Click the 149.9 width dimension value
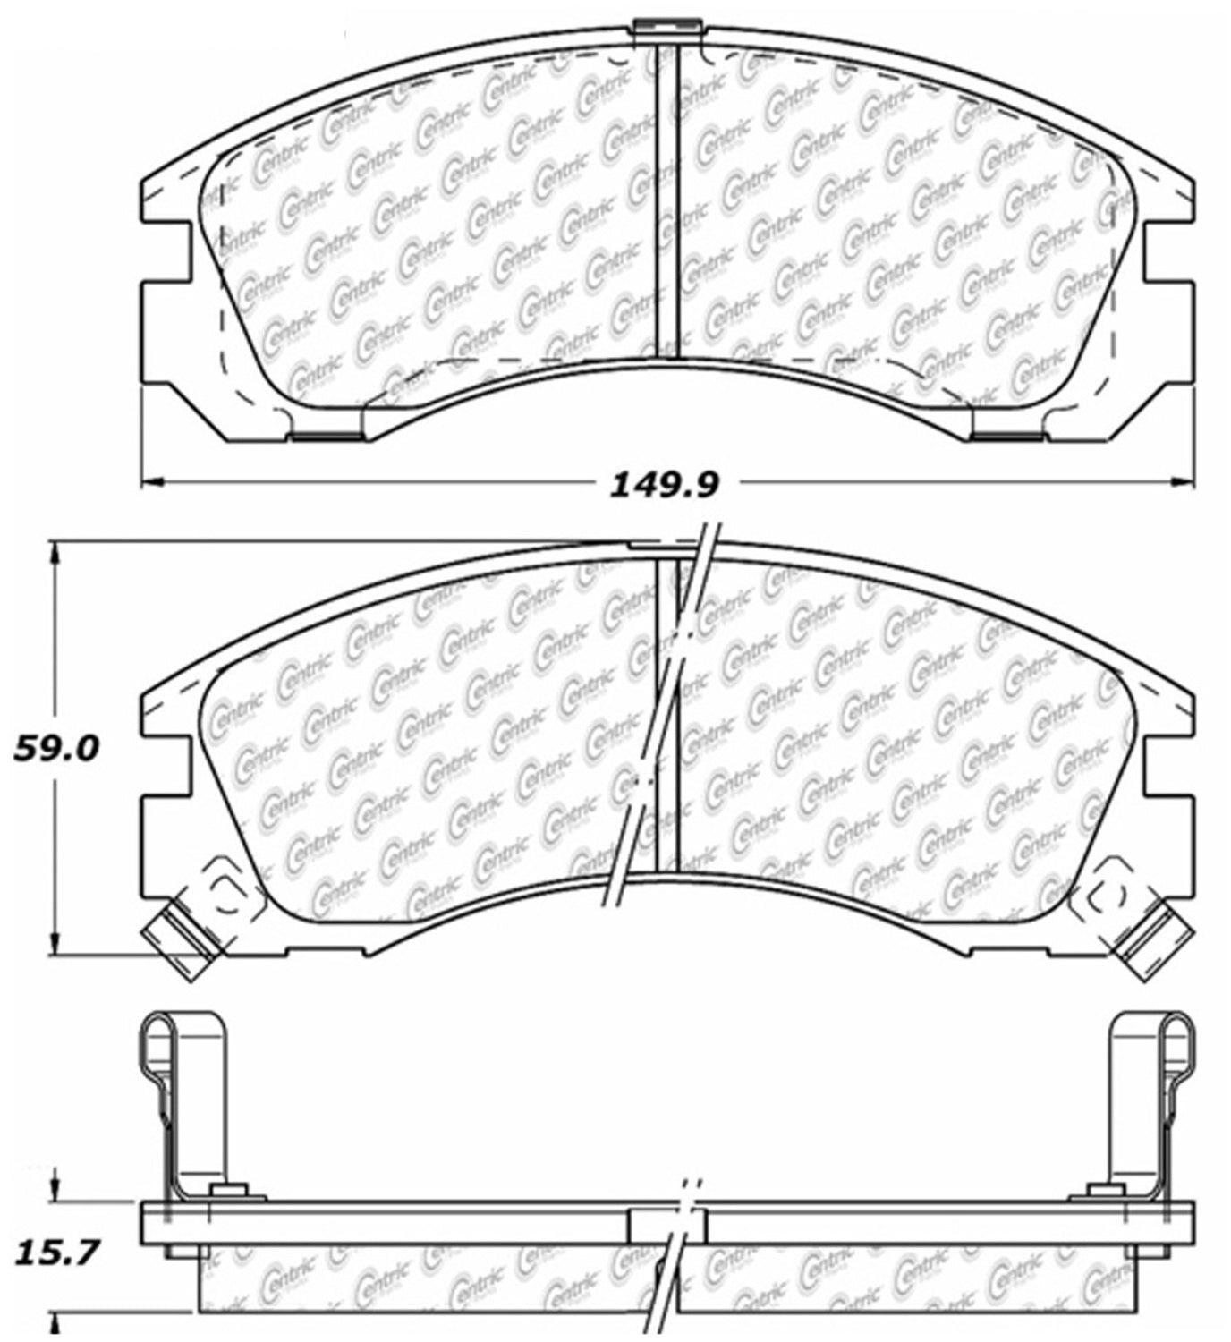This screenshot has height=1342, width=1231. (664, 485)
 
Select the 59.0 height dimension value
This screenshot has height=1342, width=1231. (57, 749)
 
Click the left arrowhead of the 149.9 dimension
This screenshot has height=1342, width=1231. (154, 481)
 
